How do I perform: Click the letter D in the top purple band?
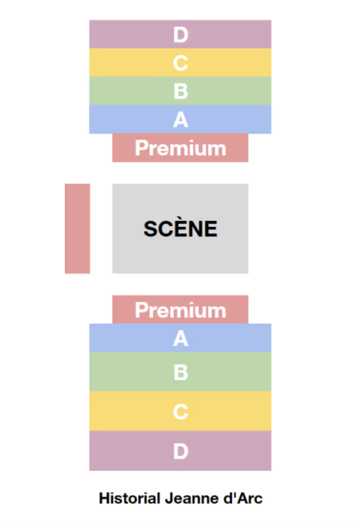pos(181,35)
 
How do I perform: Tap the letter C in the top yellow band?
pos(180,63)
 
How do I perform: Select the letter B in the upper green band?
pos(181,91)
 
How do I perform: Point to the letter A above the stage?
pos(181,119)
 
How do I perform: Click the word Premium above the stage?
pos(180,148)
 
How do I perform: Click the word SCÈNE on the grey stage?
pos(180,229)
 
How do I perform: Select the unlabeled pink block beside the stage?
pos(78,228)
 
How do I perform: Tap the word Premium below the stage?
pos(180,310)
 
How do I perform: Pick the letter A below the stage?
pos(181,338)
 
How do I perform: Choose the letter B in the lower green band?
pos(181,372)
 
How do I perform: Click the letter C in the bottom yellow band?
pos(180,411)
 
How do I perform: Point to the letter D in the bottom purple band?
pos(181,451)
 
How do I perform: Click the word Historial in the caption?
pos(130,498)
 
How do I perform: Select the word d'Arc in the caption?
pos(243,498)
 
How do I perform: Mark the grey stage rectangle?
pos(180,228)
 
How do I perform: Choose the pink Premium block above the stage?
pos(180,148)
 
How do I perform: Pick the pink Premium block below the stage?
pos(180,309)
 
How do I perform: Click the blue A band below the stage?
pos(180,338)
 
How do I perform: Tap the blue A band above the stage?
pos(180,119)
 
